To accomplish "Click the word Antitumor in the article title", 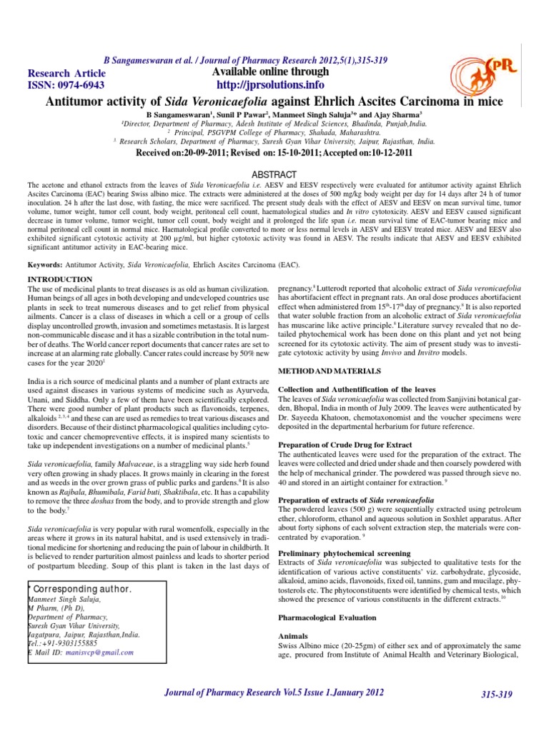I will tap(78, 102).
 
